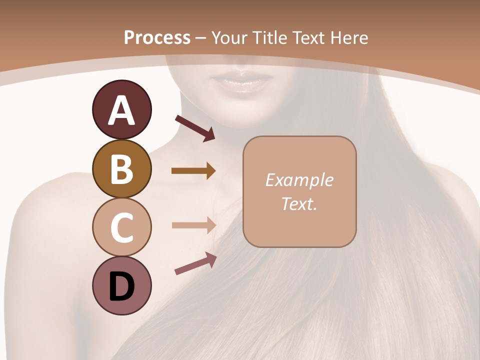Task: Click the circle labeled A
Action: click(122, 110)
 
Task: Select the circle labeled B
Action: click(122, 169)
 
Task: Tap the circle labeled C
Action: click(122, 227)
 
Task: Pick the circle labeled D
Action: click(122, 286)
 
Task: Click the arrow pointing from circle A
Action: click(195, 127)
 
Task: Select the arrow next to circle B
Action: click(193, 171)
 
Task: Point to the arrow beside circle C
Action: click(193, 225)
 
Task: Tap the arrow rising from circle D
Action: click(195, 264)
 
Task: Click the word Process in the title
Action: click(157, 37)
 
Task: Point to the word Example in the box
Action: click(299, 180)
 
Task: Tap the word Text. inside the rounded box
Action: click(299, 203)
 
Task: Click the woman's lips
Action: click(238, 80)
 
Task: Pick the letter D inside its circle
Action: click(122, 287)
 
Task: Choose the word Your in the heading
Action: click(230, 37)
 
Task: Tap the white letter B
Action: click(121, 169)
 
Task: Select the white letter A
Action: click(122, 110)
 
